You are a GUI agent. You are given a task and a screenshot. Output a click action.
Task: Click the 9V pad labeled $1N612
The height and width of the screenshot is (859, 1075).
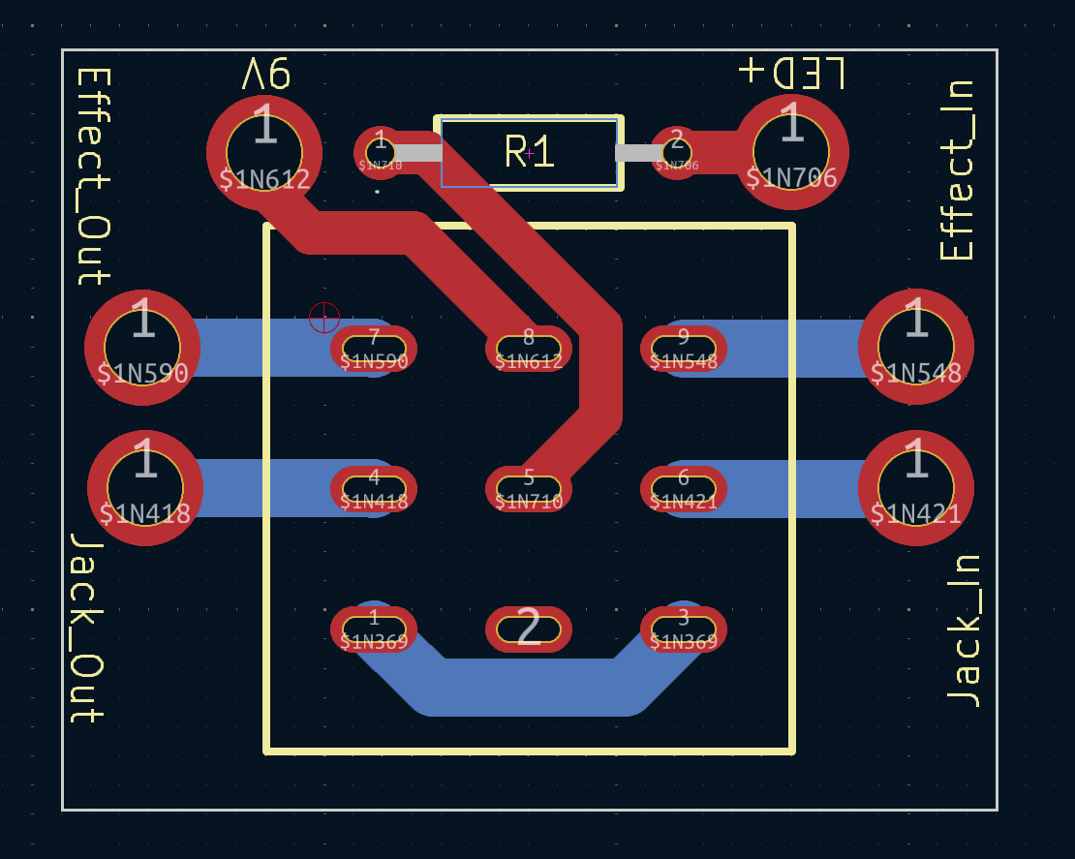pos(263,152)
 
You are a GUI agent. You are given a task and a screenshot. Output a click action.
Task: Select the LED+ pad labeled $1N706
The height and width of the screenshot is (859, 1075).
pos(791,151)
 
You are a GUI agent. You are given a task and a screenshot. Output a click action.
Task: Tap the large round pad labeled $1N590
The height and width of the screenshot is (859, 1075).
pos(142,347)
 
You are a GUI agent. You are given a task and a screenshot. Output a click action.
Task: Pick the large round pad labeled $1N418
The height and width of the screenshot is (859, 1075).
pos(145,487)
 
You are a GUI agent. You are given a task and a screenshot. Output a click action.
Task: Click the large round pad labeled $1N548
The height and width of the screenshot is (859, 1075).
pos(915,347)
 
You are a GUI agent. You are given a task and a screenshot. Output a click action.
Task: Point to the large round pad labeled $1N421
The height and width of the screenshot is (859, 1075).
pos(915,487)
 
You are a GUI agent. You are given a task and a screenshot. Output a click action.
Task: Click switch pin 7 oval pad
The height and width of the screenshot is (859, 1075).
pos(374,349)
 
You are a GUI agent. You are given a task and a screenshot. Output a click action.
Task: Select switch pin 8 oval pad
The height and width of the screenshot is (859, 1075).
pos(529,349)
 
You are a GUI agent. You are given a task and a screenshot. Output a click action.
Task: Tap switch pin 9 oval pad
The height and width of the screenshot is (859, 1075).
pos(684,349)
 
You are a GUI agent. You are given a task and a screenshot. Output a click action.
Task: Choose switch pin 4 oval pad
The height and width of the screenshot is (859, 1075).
pos(374,489)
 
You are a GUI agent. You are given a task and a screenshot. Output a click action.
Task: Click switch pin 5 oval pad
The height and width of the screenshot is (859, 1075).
pos(529,489)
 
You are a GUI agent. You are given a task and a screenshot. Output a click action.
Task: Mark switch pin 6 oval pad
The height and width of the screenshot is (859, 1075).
pos(684,489)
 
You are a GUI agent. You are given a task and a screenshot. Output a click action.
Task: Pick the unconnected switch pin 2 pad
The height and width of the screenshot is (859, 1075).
pos(529,629)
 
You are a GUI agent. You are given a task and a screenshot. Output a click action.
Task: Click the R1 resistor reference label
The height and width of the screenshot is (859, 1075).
pos(530,152)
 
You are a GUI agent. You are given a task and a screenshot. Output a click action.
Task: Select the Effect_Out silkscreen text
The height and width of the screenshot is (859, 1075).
pos(92,175)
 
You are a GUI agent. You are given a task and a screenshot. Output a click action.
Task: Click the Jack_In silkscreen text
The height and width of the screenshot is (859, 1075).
pos(963,630)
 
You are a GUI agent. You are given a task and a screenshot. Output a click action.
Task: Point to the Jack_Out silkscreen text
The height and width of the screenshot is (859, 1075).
pos(87,628)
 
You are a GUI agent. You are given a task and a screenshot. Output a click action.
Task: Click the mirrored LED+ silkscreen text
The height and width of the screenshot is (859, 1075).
pos(791,73)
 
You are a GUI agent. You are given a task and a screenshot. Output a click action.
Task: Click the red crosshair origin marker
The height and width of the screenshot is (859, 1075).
pos(324,317)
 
